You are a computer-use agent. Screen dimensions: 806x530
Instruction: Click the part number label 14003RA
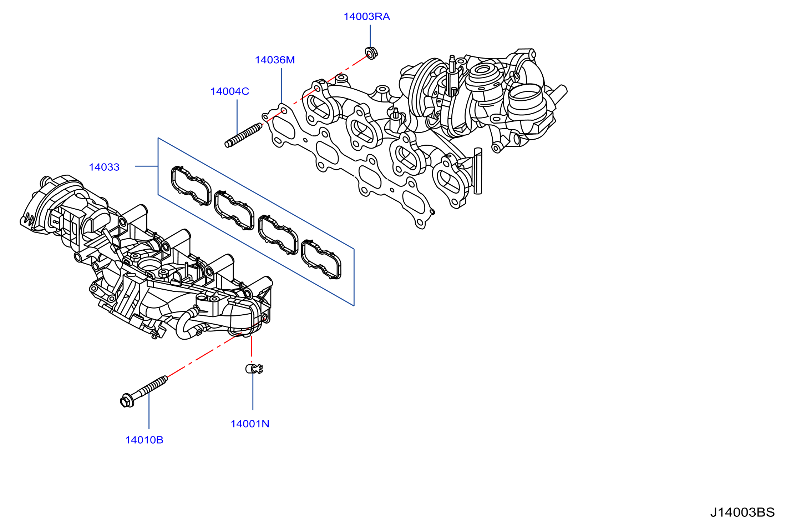pyautogui.click(x=366, y=17)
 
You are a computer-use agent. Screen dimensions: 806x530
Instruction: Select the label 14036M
pyautogui.click(x=275, y=60)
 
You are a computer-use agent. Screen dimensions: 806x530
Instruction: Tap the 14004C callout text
pyautogui.click(x=229, y=91)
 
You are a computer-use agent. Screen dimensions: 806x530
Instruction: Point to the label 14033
pyautogui.click(x=104, y=167)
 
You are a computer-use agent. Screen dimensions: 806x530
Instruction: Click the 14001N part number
pyautogui.click(x=250, y=424)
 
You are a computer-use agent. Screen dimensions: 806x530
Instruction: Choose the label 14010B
pyautogui.click(x=144, y=440)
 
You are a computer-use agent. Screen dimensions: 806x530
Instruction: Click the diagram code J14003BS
pyautogui.click(x=742, y=512)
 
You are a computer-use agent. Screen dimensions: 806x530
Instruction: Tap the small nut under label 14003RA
pyautogui.click(x=371, y=53)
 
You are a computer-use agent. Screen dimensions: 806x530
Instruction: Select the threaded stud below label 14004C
pyautogui.click(x=244, y=135)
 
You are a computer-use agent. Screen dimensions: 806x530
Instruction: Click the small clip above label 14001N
pyautogui.click(x=254, y=369)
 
